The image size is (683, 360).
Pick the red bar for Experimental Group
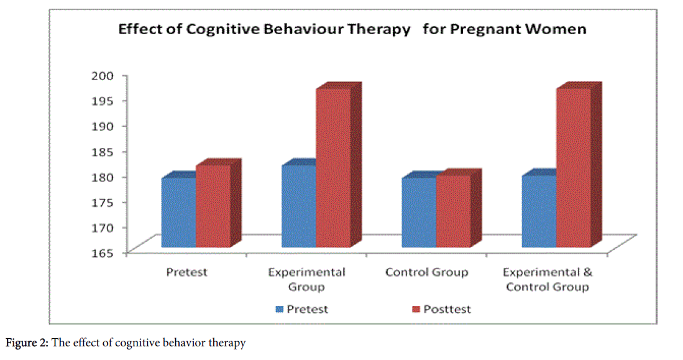[x=333, y=168]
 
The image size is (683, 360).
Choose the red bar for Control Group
[x=453, y=211]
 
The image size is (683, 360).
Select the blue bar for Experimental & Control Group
[x=538, y=211]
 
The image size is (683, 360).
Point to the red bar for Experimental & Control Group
[x=573, y=168]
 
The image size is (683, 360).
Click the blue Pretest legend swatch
[x=280, y=309]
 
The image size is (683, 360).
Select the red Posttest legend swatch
[x=416, y=309]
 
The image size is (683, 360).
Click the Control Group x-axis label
[x=426, y=272]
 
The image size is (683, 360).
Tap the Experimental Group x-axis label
[x=306, y=279]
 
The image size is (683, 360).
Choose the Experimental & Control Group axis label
[x=548, y=279]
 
